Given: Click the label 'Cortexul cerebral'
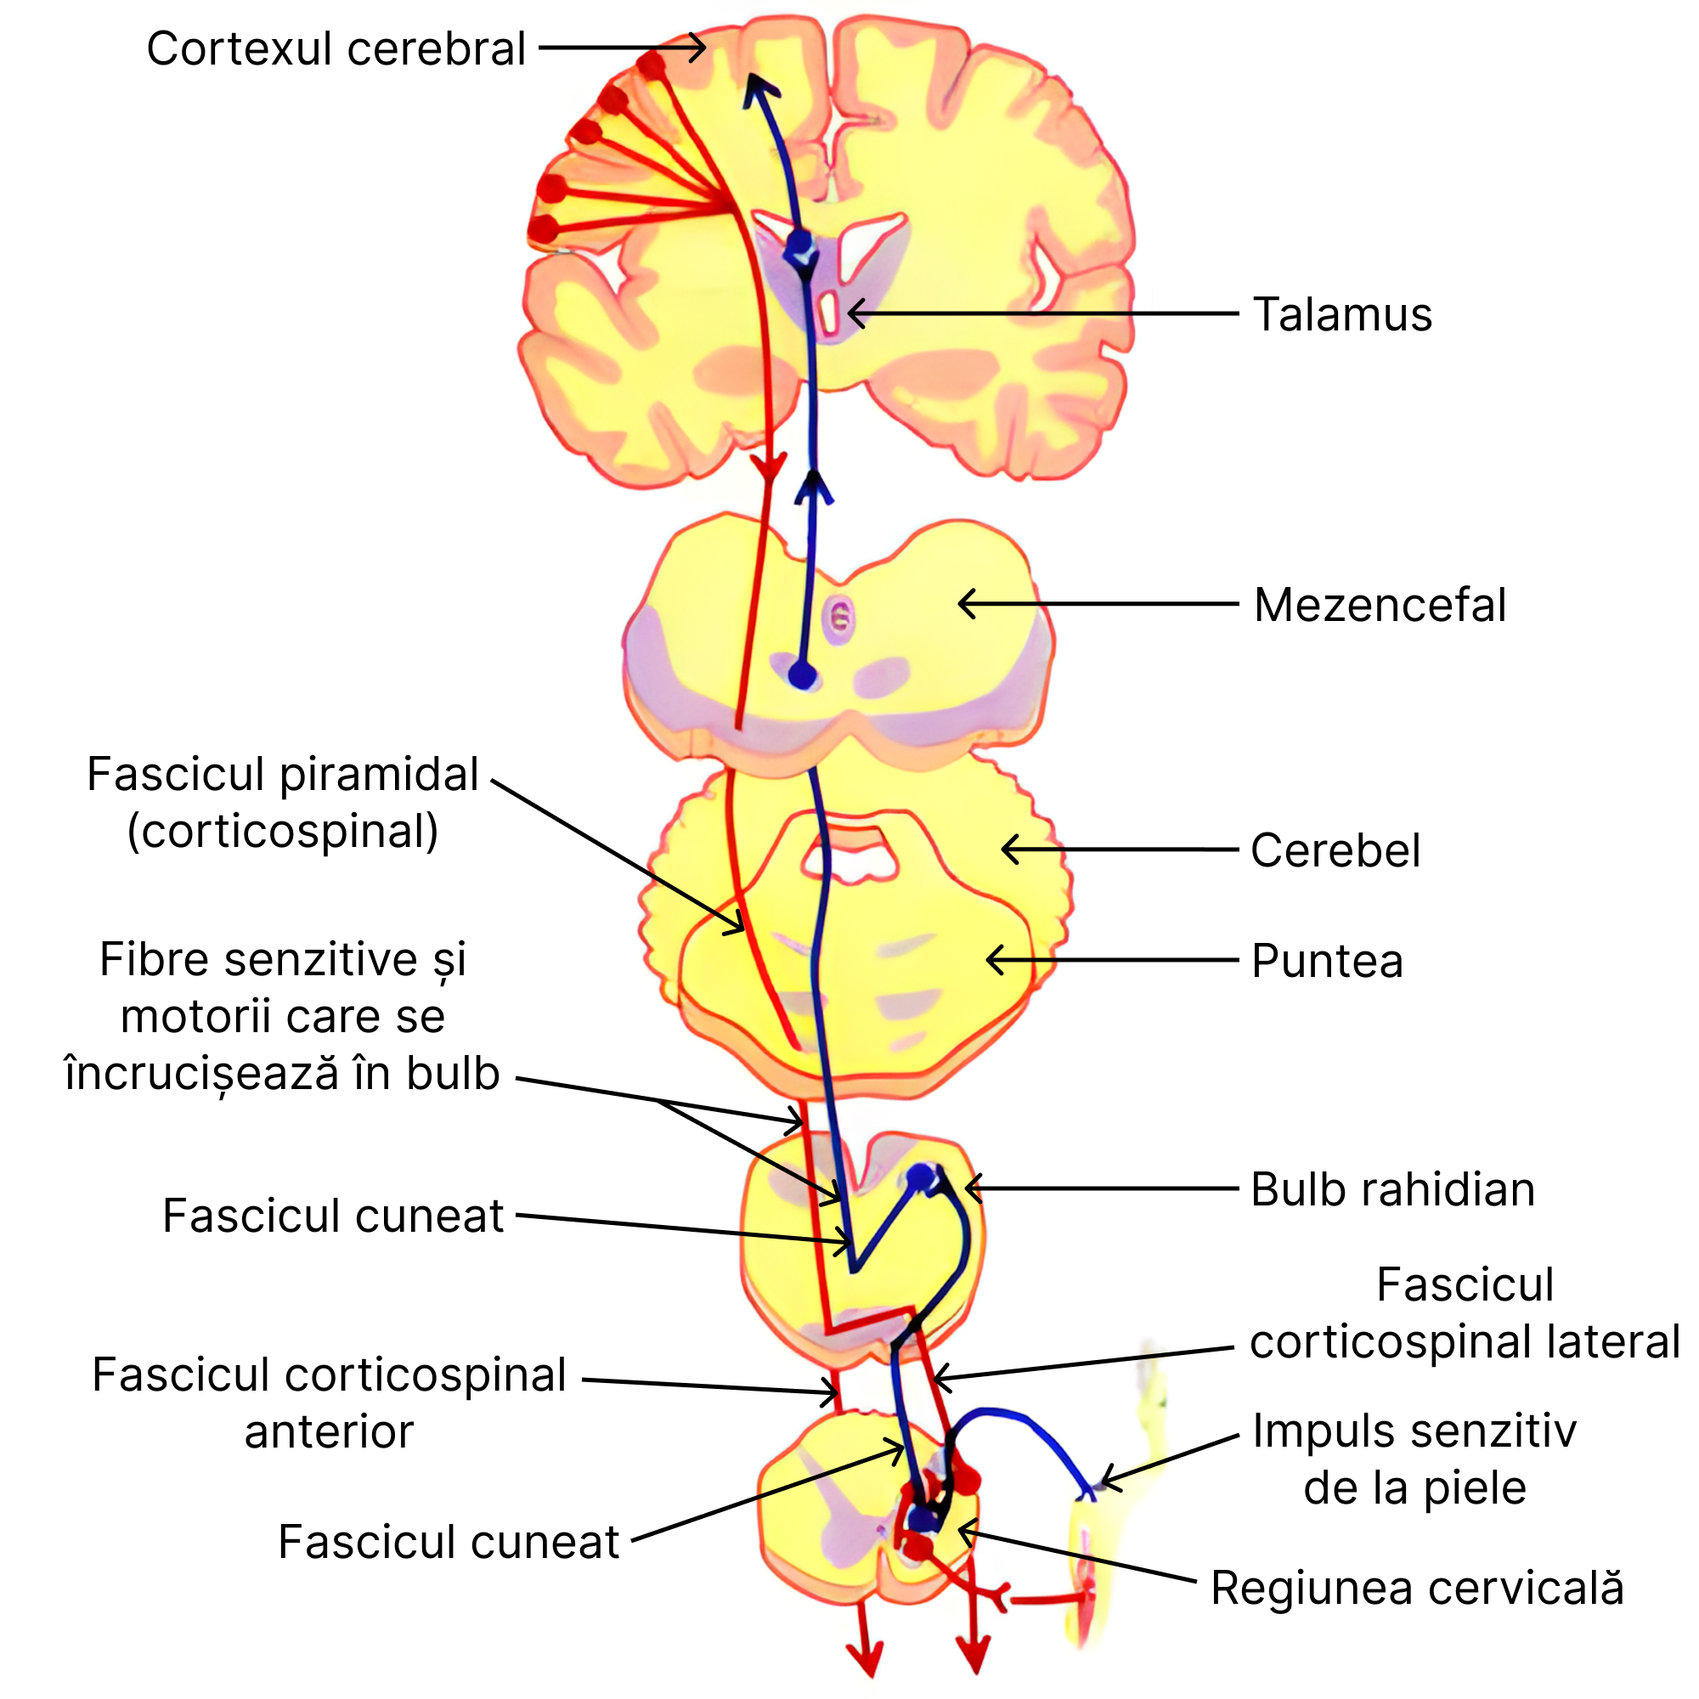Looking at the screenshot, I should (335, 49).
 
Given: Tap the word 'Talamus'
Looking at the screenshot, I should (1342, 315).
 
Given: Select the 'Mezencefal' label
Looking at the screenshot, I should (1379, 605).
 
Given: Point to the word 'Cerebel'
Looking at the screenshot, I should (1334, 850).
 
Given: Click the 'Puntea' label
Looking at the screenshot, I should (1326, 960).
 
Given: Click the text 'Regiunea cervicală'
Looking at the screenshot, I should (1416, 1589).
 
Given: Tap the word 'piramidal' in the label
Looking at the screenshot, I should (379, 775).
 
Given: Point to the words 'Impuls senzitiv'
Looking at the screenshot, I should (1414, 1431).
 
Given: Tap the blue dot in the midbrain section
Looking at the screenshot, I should (802, 675).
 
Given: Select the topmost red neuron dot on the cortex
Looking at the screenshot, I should (652, 66).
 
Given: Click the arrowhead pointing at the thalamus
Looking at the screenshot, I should (853, 313).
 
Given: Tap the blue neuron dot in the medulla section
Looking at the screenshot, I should (921, 1177).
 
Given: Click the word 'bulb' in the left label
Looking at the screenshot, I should (453, 1074).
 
